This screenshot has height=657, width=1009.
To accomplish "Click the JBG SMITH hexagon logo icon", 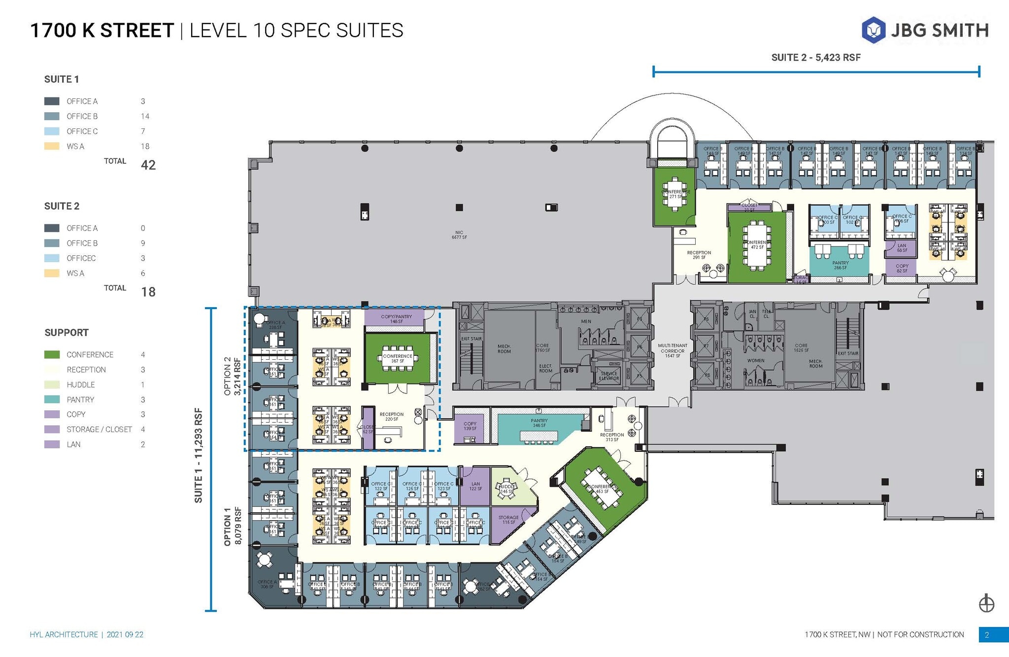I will coord(874,30).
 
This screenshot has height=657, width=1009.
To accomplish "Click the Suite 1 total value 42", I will coord(148,165).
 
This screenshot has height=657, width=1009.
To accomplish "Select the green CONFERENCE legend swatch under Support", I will coord(52,354).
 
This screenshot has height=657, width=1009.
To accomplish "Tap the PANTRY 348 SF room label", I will coord(539,423).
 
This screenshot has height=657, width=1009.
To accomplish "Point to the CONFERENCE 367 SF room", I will coord(397,358).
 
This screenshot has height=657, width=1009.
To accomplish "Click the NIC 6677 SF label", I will coord(459,235).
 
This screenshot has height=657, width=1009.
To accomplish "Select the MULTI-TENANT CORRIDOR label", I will coord(672,350).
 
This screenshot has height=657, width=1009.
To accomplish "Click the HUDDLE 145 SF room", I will coord(507,489).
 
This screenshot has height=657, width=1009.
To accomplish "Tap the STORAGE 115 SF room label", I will coord(508,520).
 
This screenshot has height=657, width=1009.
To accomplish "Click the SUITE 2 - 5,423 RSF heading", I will coord(815,58).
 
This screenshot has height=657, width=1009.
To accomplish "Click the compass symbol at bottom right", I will coord(986,603).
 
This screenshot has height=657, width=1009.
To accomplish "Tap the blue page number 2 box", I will coord(987,635).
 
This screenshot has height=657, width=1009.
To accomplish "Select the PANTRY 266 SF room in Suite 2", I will coord(840,265).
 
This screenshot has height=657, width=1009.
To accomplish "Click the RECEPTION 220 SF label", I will coord(392,416).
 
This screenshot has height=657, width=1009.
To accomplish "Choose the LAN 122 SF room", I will coord(475,486).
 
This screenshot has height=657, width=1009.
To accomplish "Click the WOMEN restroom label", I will coord(755,361).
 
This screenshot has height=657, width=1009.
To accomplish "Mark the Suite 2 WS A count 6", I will coord(143,273).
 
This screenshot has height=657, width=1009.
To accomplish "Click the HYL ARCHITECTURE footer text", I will coord(64,635).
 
